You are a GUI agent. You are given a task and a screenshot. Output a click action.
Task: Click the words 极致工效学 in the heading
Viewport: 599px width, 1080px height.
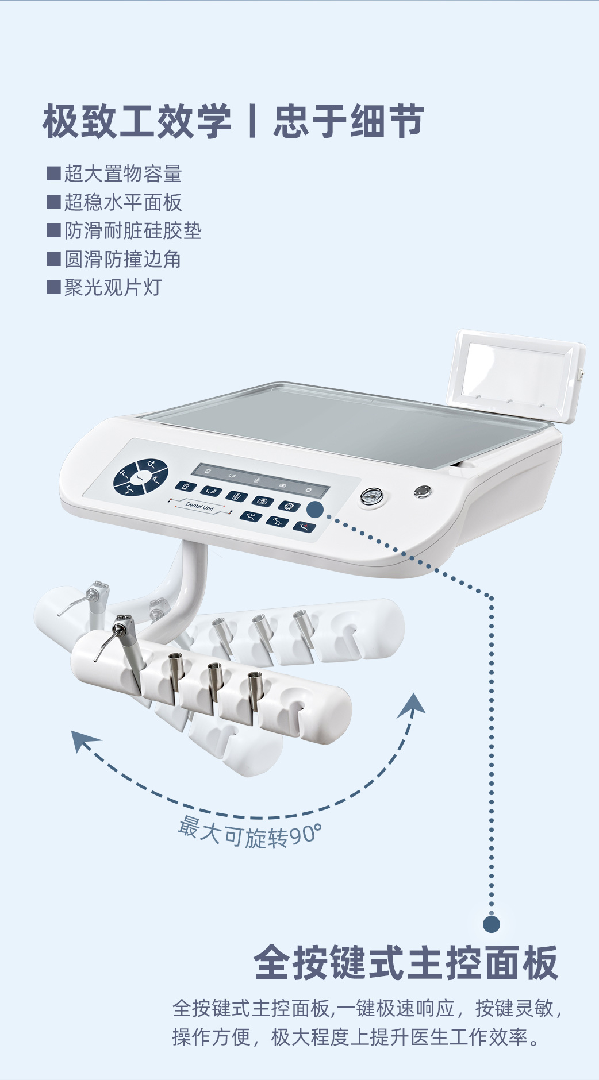tap(137, 121)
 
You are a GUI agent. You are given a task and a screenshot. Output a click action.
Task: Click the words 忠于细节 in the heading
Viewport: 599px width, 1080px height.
tap(349, 121)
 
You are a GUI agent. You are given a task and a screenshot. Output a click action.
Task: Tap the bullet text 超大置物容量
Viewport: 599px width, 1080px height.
tap(123, 173)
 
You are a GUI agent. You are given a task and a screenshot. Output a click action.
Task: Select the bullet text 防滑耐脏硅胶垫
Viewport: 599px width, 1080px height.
tap(133, 230)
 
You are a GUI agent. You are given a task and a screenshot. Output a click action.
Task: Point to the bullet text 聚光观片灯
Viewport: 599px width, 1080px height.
tap(113, 287)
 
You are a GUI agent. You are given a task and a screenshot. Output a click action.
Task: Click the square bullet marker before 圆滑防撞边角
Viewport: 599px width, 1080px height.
tap(53, 259)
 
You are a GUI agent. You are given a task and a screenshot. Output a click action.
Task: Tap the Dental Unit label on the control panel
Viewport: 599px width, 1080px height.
tap(199, 506)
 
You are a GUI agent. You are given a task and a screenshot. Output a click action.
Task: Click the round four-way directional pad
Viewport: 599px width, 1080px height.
tap(141, 477)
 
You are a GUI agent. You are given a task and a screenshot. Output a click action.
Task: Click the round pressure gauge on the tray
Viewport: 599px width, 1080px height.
tap(372, 497)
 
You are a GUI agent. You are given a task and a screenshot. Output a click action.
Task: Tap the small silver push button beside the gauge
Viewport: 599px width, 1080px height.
tap(423, 491)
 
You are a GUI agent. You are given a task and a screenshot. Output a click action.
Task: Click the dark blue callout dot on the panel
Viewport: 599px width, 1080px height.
tap(315, 509)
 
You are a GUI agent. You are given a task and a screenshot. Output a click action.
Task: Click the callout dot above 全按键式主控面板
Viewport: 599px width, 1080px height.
tap(492, 924)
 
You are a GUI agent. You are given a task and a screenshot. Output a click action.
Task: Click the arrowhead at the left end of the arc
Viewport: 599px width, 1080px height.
tap(83, 740)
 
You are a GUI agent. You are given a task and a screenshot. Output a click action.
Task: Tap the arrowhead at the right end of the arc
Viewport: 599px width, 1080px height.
tap(413, 705)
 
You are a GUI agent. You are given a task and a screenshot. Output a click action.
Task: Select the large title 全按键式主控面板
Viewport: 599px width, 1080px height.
tap(406, 963)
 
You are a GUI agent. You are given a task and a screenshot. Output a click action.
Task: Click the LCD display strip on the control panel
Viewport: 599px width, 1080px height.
tap(260, 480)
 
